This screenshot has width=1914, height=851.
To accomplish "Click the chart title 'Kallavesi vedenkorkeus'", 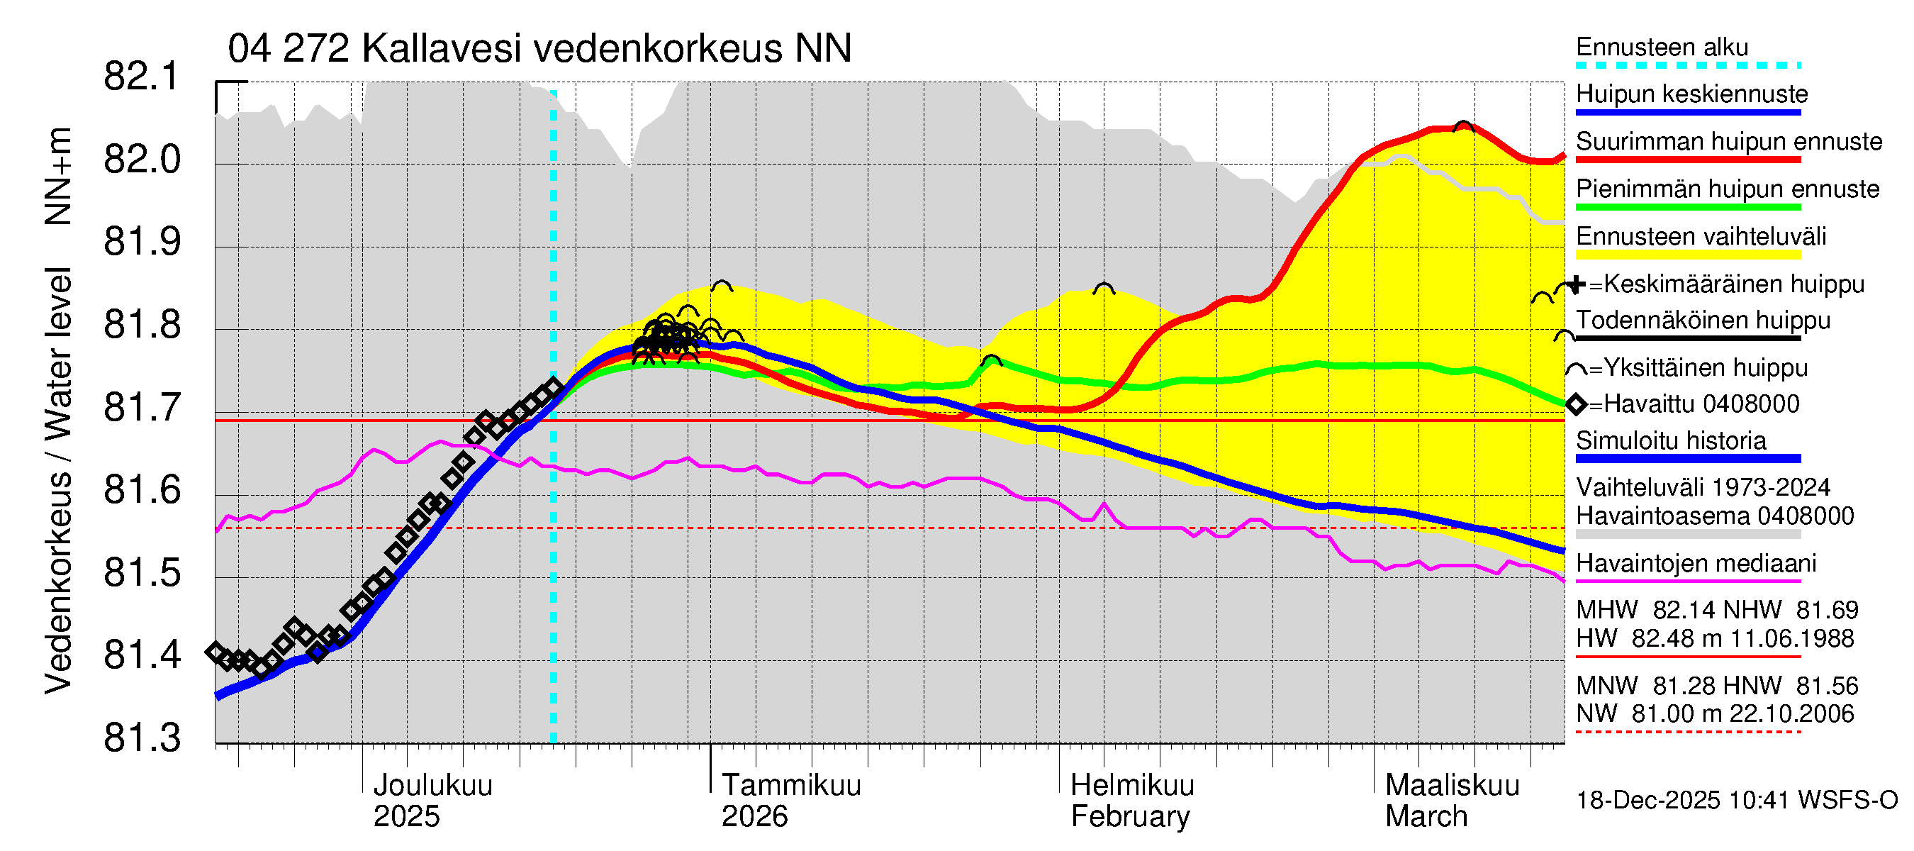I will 539,49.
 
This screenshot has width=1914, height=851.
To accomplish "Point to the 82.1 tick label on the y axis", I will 141,77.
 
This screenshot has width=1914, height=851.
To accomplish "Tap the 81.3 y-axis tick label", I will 141,739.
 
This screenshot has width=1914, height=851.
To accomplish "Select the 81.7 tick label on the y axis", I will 141,408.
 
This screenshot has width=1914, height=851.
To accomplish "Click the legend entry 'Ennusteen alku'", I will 1662,48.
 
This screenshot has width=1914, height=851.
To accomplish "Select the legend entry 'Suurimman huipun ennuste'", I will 1728,141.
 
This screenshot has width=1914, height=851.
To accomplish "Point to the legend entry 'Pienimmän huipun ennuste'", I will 1727,189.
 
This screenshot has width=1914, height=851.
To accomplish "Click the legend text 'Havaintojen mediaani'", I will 1696,563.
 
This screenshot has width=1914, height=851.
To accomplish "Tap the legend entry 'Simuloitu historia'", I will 1670,440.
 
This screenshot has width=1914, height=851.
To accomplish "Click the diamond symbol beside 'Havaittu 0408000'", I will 1576,404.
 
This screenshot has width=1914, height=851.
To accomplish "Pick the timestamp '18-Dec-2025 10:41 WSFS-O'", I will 1736,801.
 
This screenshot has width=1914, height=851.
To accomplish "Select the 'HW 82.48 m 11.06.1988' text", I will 1715,638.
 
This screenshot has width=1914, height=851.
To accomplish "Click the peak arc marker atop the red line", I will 1463,126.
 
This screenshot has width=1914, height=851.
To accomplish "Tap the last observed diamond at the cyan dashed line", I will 554,387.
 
